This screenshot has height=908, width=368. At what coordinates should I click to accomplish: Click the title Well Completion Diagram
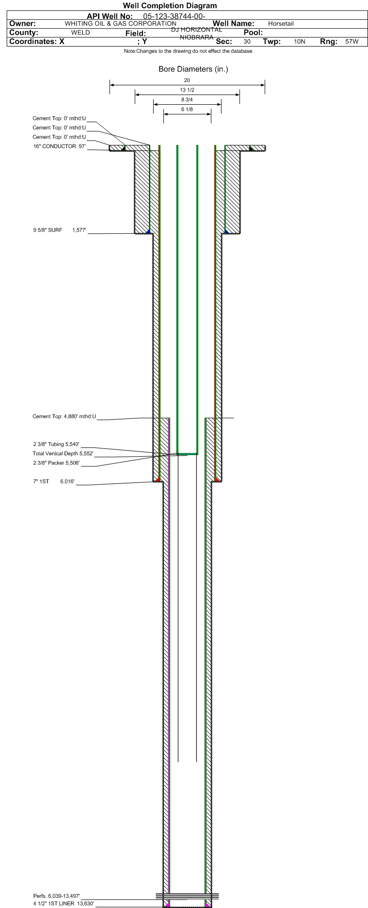coord(170,6)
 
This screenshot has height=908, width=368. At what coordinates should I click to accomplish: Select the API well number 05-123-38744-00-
coord(175,16)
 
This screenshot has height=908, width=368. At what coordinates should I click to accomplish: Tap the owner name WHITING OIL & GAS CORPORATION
coord(121,23)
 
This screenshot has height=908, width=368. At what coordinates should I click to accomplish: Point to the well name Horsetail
coord(281,24)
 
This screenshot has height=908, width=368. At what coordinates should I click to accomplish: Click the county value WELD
coord(80,32)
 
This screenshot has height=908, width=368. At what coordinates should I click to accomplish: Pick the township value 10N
coord(300,42)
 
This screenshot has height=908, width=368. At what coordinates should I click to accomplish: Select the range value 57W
coord(352,42)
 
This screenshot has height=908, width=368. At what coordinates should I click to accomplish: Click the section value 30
coord(247,42)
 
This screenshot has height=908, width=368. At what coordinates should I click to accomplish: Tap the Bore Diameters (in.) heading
coord(193,69)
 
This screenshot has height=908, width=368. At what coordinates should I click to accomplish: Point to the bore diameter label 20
coord(187,80)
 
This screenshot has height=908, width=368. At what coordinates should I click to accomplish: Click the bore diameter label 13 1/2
coord(187,90)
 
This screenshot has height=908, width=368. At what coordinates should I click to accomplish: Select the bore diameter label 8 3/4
coord(187,100)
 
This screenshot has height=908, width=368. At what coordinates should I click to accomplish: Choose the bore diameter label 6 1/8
coord(187,110)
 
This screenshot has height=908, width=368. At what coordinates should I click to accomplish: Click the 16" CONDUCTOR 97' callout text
coord(60,146)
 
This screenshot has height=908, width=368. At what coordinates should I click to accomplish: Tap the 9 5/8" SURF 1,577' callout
coord(60,230)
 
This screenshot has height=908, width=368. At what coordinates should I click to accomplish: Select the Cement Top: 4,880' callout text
coord(64,416)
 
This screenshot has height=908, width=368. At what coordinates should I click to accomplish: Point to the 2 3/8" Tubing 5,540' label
coord(56,444)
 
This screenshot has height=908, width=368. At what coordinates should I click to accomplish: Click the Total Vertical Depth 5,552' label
coord(63,454)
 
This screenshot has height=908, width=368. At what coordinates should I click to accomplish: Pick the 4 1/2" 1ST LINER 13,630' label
coord(64,904)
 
